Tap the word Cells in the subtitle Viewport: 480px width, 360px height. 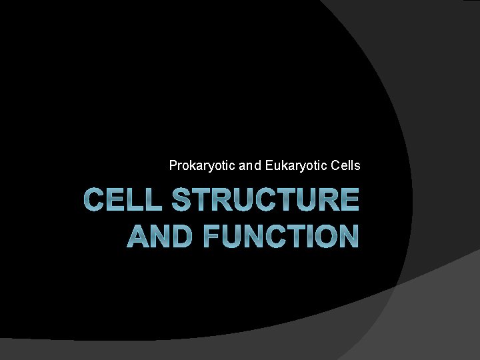(346, 165)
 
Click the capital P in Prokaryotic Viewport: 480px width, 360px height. (173, 165)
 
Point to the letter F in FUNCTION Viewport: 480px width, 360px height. (213, 236)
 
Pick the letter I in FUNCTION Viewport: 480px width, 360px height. (304, 236)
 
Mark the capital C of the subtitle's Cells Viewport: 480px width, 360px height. (335, 165)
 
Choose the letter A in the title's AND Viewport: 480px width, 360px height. (138, 236)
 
